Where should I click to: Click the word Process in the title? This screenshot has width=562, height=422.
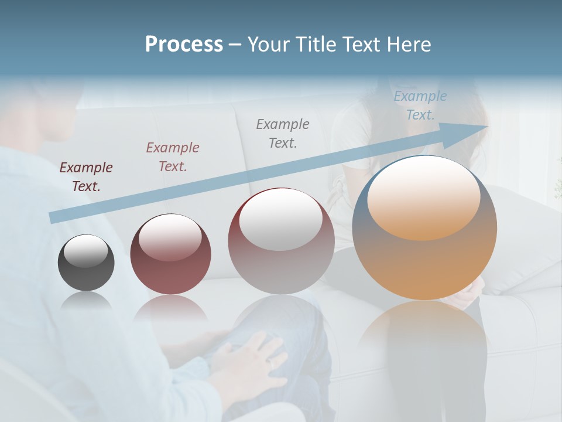click(184, 45)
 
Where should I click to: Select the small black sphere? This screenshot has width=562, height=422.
click(86, 263)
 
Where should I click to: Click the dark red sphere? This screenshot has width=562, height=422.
click(170, 254)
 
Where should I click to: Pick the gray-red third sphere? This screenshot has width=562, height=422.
click(281, 241)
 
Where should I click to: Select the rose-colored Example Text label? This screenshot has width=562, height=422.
click(173, 156)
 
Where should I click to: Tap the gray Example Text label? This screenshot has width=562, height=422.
click(283, 133)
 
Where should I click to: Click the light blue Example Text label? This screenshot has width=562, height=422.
click(420, 105)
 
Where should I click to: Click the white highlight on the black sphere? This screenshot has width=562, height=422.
click(85, 251)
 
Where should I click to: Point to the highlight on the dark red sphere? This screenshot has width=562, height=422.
click(170, 237)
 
